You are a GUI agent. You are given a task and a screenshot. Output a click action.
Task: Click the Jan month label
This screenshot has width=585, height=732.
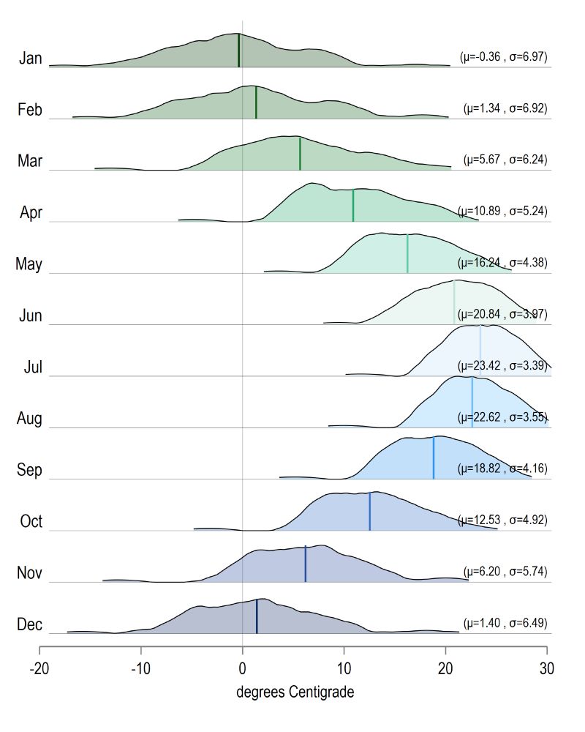tap(31, 58)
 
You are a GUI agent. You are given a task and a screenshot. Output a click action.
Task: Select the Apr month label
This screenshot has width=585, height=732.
tap(31, 213)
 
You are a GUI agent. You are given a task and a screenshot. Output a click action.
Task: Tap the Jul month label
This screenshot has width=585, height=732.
tap(32, 367)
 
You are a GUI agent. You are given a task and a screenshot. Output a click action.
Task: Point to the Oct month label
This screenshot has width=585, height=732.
tap(31, 522)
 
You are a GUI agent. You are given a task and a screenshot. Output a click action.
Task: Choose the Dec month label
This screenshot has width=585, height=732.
tap(30, 625)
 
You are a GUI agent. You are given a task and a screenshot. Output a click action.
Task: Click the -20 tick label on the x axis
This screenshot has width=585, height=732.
tap(39, 668)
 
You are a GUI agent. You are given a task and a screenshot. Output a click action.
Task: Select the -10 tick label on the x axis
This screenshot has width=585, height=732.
tap(141, 668)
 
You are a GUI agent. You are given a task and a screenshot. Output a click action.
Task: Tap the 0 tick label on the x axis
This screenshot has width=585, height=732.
tap(242, 668)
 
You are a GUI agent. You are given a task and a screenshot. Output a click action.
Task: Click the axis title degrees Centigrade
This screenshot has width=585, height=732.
tap(295, 692)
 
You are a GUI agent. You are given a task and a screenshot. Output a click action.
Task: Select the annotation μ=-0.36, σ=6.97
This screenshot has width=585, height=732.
tap(503, 56)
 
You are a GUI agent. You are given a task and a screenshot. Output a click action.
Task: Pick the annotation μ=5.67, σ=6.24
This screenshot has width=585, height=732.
tap(505, 159)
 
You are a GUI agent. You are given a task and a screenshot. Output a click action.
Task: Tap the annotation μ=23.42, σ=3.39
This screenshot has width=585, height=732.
tap(502, 365)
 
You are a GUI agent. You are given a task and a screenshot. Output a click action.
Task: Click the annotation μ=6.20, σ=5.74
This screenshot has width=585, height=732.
tap(505, 571)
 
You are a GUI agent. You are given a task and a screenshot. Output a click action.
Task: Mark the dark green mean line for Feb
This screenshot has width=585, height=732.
tap(256, 102)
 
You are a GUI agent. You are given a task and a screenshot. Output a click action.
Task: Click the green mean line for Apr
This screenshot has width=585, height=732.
tap(353, 206)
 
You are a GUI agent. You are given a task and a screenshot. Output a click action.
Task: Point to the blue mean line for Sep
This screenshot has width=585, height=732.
tap(434, 458)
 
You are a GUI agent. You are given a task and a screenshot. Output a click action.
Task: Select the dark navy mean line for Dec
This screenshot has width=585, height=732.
tap(257, 616)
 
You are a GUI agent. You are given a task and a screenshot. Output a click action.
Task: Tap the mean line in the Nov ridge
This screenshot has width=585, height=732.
tap(305, 564)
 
